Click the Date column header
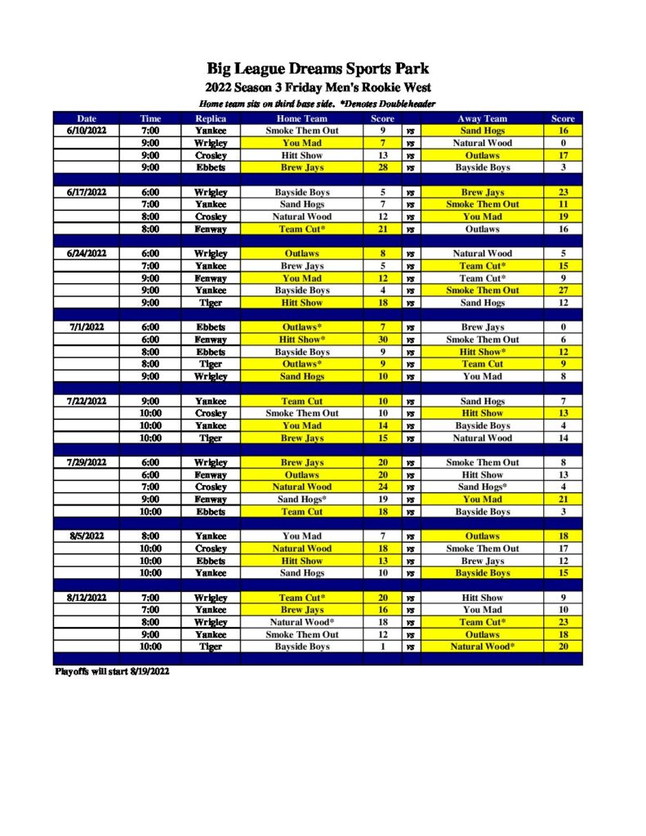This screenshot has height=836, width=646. (x=86, y=118)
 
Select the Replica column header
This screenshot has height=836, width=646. (x=211, y=118)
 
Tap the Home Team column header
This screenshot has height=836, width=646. (x=301, y=118)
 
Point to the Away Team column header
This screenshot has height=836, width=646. (x=482, y=118)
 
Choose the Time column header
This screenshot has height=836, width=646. (x=150, y=118)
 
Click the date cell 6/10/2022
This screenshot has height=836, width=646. (x=86, y=131)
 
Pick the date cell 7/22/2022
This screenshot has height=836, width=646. (x=86, y=401)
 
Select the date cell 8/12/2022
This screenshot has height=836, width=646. (x=86, y=598)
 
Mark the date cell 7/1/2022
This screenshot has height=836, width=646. (x=86, y=327)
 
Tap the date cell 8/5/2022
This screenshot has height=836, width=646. (x=86, y=536)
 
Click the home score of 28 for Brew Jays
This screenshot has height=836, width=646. (x=382, y=167)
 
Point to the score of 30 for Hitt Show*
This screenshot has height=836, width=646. (x=382, y=340)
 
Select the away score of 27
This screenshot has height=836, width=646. (x=563, y=291)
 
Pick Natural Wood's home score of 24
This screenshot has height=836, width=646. (x=382, y=487)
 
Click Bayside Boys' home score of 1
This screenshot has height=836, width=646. (x=382, y=647)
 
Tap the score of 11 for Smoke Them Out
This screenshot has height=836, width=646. (x=563, y=204)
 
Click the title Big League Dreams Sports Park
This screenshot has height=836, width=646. (x=318, y=69)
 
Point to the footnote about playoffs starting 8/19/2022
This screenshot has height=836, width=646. (x=112, y=672)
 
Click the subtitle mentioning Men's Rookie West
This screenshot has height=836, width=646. (x=318, y=88)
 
